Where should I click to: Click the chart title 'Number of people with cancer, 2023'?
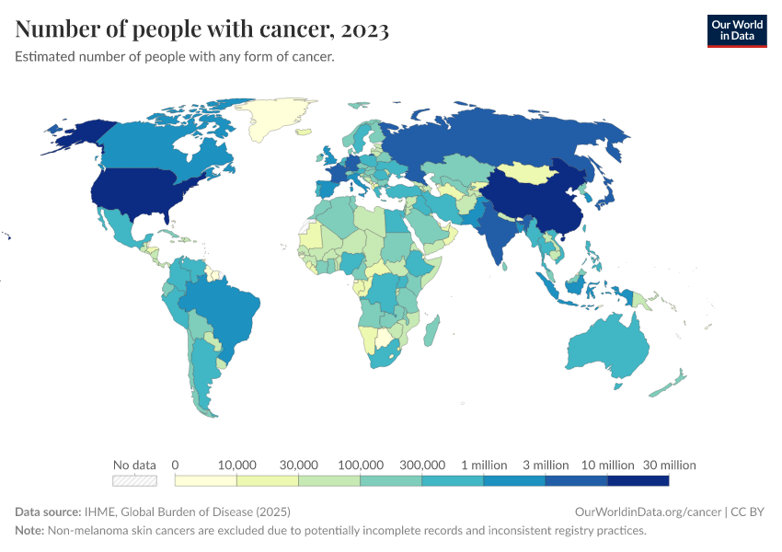(202, 29)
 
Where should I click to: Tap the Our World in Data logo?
(736, 29)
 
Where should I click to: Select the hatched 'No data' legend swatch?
(134, 480)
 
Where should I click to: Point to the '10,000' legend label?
(236, 465)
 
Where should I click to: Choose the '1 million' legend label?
(484, 465)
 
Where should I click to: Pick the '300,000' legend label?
(422, 465)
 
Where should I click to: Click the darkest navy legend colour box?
(638, 480)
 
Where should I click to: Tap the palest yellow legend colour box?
(205, 480)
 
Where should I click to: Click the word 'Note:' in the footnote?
(31, 531)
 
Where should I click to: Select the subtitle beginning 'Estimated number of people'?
(174, 57)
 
